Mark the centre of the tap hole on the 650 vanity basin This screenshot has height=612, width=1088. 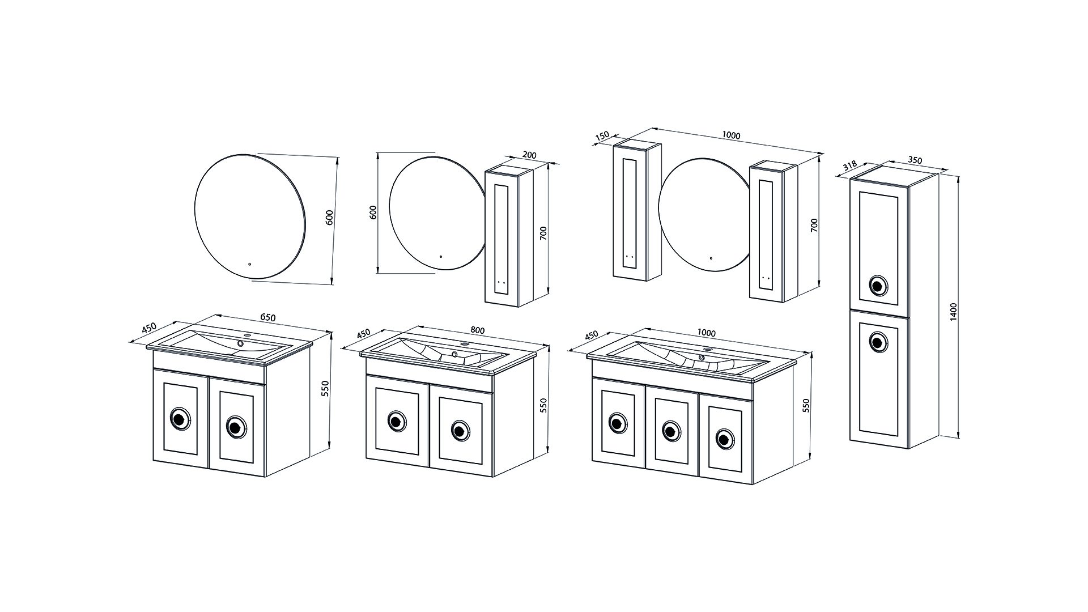(240, 343)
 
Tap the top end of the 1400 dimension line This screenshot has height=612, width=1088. (958, 175)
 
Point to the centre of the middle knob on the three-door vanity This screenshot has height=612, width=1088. (671, 430)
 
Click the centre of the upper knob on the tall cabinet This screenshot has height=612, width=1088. (878, 286)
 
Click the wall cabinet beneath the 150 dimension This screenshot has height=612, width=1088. (637, 210)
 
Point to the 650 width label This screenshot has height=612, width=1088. (267, 317)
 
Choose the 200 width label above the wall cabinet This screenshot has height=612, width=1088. (529, 155)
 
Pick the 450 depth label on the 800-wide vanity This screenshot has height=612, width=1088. (363, 333)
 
